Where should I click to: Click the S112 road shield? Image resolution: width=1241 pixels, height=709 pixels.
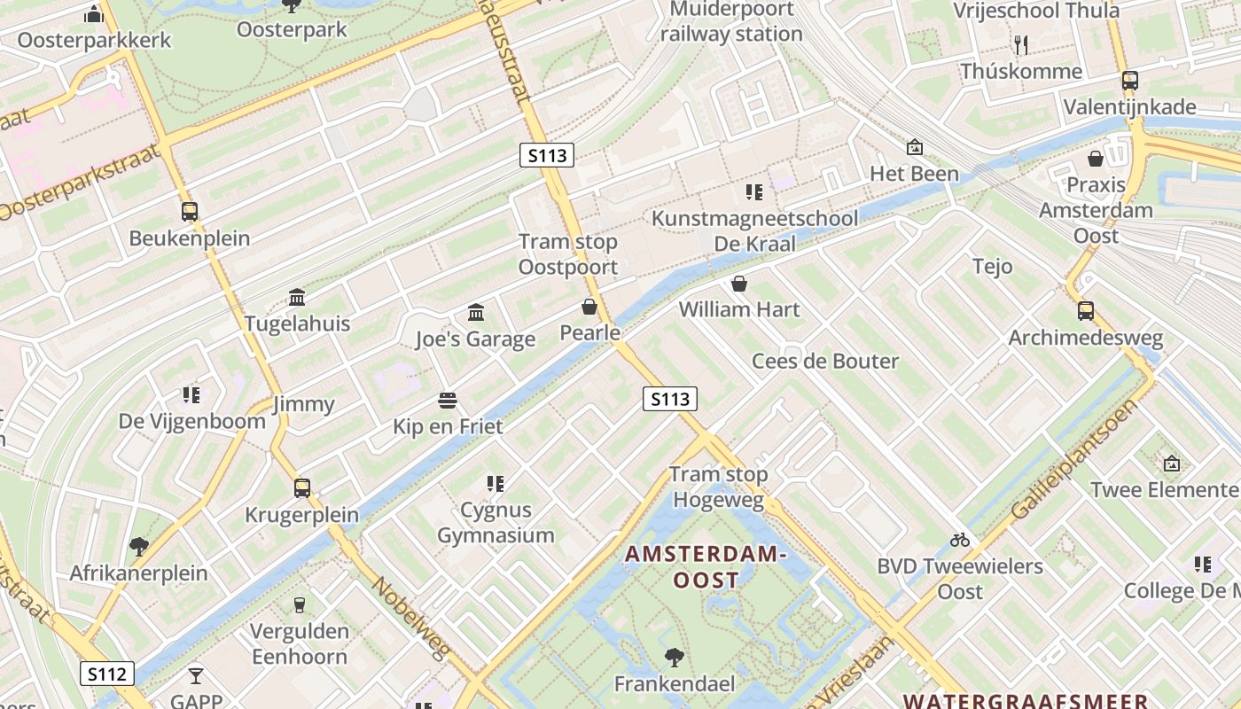(x=107, y=674)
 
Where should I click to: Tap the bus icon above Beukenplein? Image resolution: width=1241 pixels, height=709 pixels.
(x=190, y=212)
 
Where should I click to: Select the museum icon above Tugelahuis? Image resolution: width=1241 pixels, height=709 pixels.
(x=297, y=297)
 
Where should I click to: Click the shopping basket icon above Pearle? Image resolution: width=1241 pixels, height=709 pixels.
(x=589, y=307)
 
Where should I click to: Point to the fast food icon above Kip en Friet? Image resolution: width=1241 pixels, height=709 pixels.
(x=448, y=401)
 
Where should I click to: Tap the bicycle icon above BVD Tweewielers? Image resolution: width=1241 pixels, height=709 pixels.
(x=960, y=539)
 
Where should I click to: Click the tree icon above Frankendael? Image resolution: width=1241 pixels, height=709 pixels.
(x=675, y=657)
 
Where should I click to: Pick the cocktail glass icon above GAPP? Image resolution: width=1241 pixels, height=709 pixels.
(x=196, y=676)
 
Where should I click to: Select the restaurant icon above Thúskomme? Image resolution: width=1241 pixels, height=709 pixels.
(x=1021, y=44)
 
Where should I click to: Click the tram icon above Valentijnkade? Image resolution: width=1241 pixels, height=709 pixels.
(x=1129, y=81)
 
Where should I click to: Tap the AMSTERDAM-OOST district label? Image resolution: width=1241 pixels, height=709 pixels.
(x=706, y=567)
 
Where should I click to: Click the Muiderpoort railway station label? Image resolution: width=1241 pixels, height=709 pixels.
(x=730, y=22)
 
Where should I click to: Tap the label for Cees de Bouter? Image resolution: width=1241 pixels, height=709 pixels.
(x=824, y=361)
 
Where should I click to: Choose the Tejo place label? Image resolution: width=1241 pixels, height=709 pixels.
(x=992, y=266)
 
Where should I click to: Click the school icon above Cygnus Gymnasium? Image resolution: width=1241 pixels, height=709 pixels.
(x=496, y=484)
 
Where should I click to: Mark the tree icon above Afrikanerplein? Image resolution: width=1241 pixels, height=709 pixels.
(x=138, y=546)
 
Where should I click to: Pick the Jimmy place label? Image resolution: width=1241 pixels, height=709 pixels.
(x=303, y=404)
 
